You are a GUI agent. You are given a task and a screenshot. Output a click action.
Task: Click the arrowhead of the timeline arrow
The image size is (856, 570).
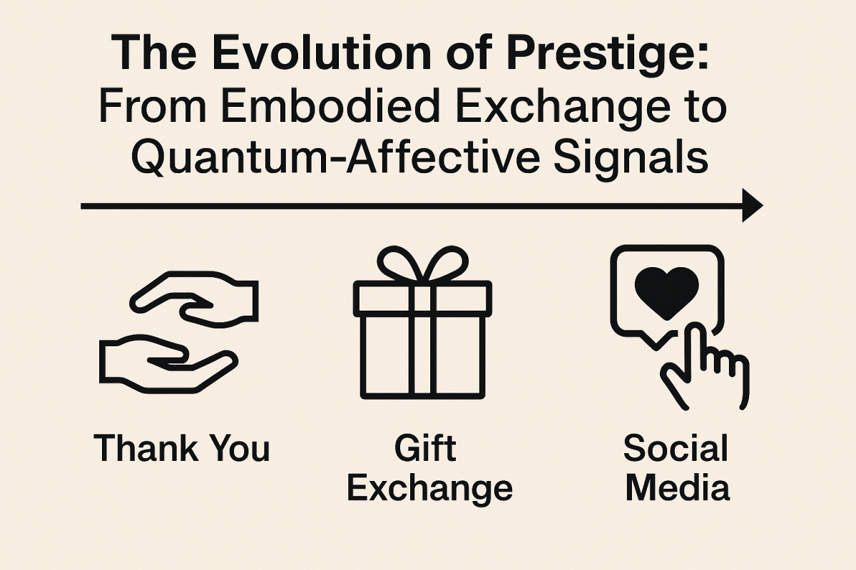point(751,206)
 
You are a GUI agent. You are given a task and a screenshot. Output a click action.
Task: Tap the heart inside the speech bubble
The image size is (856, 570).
point(666,291)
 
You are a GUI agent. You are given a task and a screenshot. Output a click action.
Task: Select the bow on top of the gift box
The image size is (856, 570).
point(422,265)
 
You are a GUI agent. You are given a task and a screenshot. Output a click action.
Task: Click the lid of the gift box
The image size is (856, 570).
point(422,299)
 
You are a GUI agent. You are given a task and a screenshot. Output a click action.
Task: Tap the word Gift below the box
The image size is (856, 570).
point(425,449)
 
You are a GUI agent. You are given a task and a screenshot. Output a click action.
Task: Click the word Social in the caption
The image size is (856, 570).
point(676,449)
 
